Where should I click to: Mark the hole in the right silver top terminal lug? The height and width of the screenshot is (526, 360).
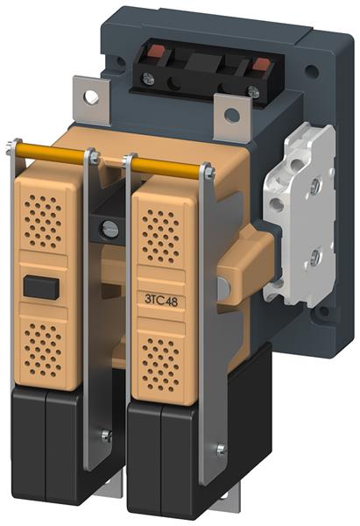pyautogui.click(x=232, y=113)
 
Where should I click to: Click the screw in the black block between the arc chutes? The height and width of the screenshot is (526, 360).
pyautogui.click(x=109, y=229)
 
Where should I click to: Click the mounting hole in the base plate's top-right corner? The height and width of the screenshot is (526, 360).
pyautogui.click(x=311, y=72)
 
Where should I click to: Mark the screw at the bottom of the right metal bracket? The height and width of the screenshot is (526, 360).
pyautogui.click(x=221, y=451)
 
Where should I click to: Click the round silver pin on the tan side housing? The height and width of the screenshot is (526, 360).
pyautogui.click(x=224, y=287)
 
